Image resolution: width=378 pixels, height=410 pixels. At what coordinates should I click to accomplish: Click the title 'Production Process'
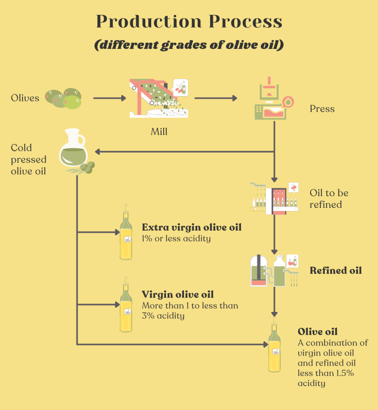coord(189,22)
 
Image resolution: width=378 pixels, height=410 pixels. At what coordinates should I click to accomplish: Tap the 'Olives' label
coord(25,98)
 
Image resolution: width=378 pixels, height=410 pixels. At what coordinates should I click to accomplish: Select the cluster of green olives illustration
coord(64,98)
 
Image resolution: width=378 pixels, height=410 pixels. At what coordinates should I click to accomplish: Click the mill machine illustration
coord(159,99)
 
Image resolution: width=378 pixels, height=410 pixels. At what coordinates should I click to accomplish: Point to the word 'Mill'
coord(159,131)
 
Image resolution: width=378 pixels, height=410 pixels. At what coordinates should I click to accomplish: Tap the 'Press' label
coord(322,109)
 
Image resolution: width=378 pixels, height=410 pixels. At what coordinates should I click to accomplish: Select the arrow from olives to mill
coord(109,98)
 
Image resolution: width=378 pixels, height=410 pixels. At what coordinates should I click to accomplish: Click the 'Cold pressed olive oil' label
coord(28,159)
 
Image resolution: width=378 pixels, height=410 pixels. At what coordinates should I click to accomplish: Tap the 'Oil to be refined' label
coord(329,199)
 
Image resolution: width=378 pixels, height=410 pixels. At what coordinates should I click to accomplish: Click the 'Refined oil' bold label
coord(336,271)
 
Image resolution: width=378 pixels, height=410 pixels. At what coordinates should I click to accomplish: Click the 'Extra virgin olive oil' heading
coord(192,228)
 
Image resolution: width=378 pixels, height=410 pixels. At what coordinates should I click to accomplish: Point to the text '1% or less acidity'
coord(176,239)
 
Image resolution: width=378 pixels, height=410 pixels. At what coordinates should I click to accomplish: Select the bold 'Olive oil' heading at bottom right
coord(318,332)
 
